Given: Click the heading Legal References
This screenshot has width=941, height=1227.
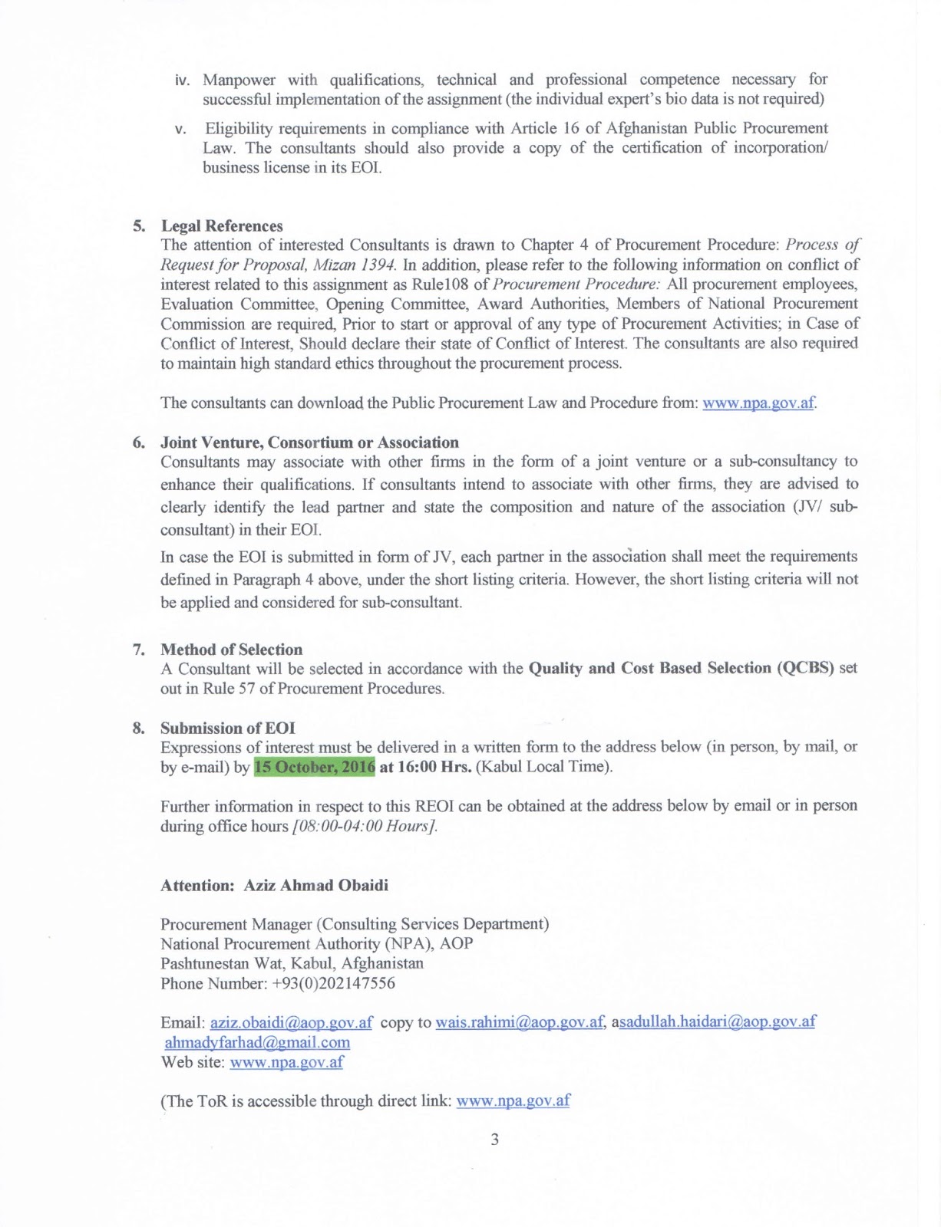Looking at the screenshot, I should [221, 226].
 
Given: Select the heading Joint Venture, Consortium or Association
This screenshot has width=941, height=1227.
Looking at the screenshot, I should [309, 442].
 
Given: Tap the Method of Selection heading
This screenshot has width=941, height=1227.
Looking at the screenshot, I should [231, 650].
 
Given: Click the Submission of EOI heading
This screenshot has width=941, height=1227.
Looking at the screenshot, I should [227, 728].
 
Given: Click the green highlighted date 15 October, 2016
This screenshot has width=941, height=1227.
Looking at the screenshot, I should [315, 767].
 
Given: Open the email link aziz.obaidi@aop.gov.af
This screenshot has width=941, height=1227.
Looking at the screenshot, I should [291, 1022].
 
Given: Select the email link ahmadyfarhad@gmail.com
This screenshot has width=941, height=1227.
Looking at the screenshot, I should [257, 1042].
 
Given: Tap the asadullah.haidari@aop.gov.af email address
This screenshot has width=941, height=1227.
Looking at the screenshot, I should [717, 1022].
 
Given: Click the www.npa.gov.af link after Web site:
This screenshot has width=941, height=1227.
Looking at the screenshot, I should [286, 1063].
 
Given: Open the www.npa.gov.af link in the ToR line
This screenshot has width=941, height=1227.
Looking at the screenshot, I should [513, 1101].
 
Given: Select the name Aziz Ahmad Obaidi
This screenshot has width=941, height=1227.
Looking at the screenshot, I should [315, 886].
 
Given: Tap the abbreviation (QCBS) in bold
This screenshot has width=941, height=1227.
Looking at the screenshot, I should [805, 668].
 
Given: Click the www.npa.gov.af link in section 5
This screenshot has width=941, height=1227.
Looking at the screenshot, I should [758, 403].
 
